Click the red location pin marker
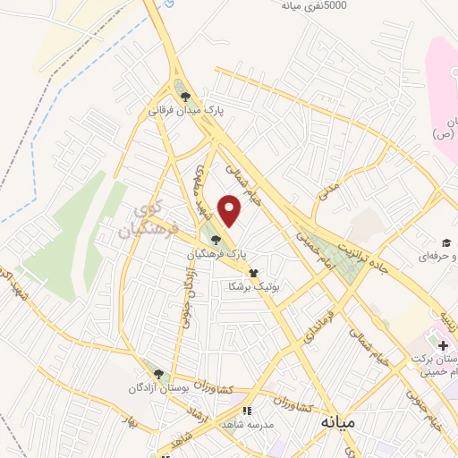(231, 210)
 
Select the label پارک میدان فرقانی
(185, 111)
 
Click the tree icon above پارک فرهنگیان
(216, 239)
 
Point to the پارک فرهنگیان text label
(216, 254)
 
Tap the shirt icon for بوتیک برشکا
(253, 272)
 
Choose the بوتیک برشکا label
(253, 286)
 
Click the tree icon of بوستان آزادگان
(158, 373)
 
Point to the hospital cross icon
(444, 345)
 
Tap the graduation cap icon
(445, 242)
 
